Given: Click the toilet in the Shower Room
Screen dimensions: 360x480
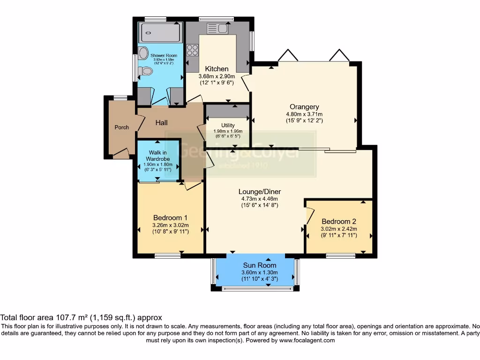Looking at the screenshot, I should pos(147,71).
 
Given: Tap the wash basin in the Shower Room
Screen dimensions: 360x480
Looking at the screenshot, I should pos(143,53).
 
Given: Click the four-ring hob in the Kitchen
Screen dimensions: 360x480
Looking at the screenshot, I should pos(192,50).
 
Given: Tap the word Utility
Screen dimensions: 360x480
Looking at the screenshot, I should pos(228,125).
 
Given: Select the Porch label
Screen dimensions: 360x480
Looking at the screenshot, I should pos(121,127).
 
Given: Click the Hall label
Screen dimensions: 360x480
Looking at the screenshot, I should pos(162,123).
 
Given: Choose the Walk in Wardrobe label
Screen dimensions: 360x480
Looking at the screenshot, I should pos(158,155).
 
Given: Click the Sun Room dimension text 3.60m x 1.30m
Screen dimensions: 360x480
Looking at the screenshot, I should pos(259,273).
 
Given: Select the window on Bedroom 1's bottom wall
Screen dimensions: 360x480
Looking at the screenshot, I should pos(168,255).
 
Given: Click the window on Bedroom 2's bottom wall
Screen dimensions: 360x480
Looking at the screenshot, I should pos(340,255).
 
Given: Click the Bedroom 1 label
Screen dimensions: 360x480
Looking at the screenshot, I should pos(170,217).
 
